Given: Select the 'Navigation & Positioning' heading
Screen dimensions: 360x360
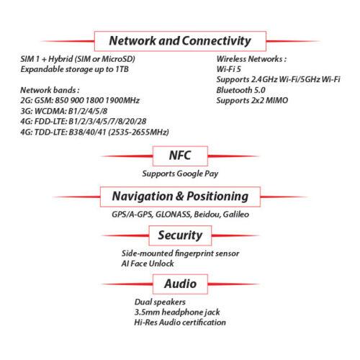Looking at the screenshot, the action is [x=180, y=197].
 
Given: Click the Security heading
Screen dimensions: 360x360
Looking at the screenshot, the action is [x=180, y=235].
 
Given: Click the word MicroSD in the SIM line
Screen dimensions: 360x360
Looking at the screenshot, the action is [x=117, y=59].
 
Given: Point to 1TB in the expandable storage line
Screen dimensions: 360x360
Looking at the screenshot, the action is [x=122, y=69].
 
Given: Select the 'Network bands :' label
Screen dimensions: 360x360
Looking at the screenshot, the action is [x=50, y=90].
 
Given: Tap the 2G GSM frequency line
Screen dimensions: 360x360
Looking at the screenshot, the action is [x=80, y=101].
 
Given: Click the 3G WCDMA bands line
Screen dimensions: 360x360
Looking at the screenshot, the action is [x=64, y=111].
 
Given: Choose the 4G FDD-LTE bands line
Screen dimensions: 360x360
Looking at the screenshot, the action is [x=84, y=122].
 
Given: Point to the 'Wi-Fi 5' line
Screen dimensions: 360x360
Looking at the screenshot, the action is [x=229, y=69].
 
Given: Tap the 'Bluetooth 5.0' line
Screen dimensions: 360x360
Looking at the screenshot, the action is [x=240, y=90].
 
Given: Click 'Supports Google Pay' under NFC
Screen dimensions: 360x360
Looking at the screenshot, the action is [x=180, y=174].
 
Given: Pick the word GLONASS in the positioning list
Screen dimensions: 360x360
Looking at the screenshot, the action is [x=174, y=215].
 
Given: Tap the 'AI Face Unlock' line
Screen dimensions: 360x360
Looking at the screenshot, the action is [x=148, y=264].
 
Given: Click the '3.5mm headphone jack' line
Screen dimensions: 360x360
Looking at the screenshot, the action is [x=177, y=312].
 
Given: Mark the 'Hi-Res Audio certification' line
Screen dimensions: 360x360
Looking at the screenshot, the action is [x=180, y=323].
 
